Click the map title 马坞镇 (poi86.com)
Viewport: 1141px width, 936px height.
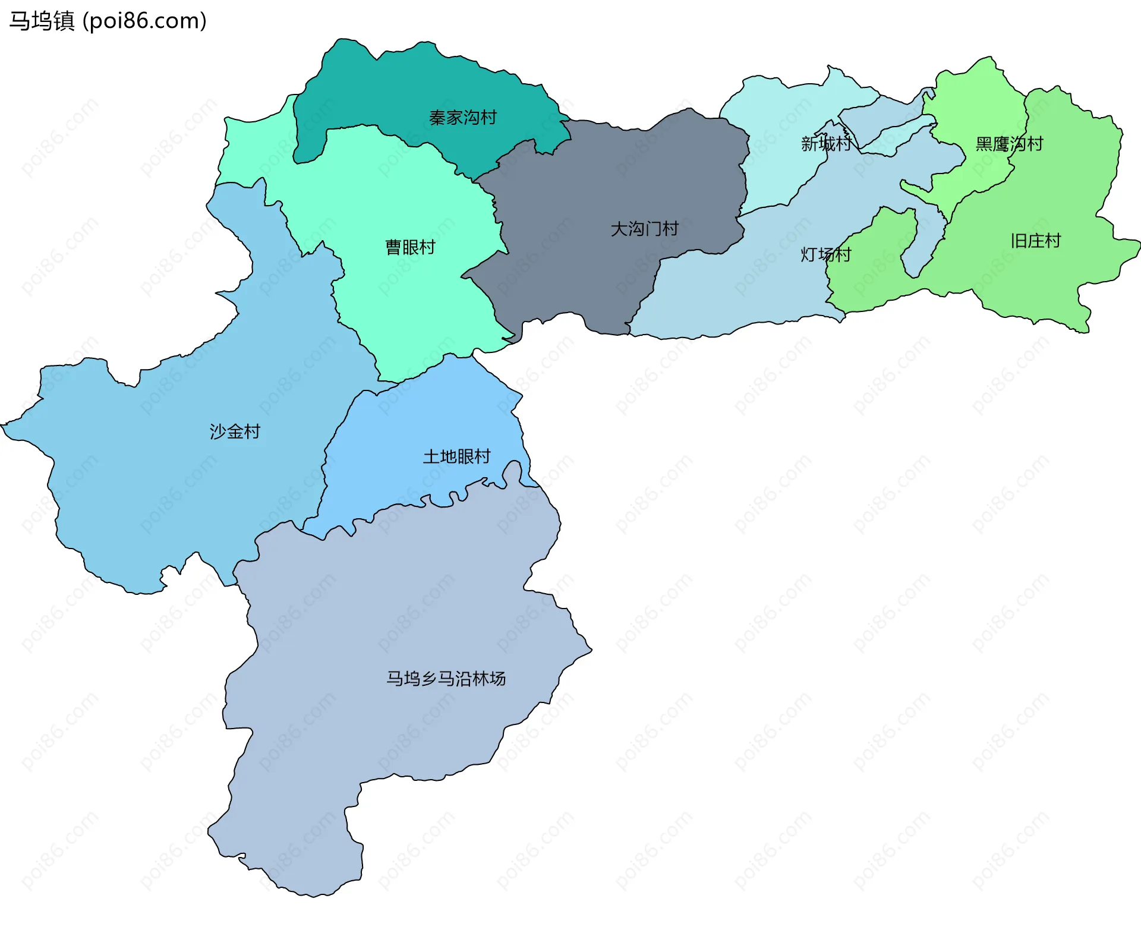pyautogui.click(x=108, y=21)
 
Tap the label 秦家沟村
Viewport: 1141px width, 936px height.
pyautogui.click(x=462, y=118)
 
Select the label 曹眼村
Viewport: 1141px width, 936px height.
pyautogui.click(x=410, y=247)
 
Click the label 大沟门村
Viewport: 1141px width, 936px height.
pyautogui.click(x=644, y=229)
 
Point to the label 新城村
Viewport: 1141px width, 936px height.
pyautogui.click(x=826, y=143)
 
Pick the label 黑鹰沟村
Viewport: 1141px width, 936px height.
pyautogui.click(x=1008, y=144)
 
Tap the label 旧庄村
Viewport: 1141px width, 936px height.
pyautogui.click(x=1035, y=241)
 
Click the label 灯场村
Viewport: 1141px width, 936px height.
pyautogui.click(x=825, y=254)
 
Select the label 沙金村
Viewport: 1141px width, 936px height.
pyautogui.click(x=235, y=431)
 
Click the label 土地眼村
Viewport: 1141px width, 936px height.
pyautogui.click(x=456, y=456)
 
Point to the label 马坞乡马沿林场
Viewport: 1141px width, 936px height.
pyautogui.click(x=446, y=678)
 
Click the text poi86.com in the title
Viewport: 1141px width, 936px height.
pyautogui.click(x=144, y=21)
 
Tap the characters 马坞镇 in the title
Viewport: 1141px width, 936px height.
pyautogui.click(x=42, y=21)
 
